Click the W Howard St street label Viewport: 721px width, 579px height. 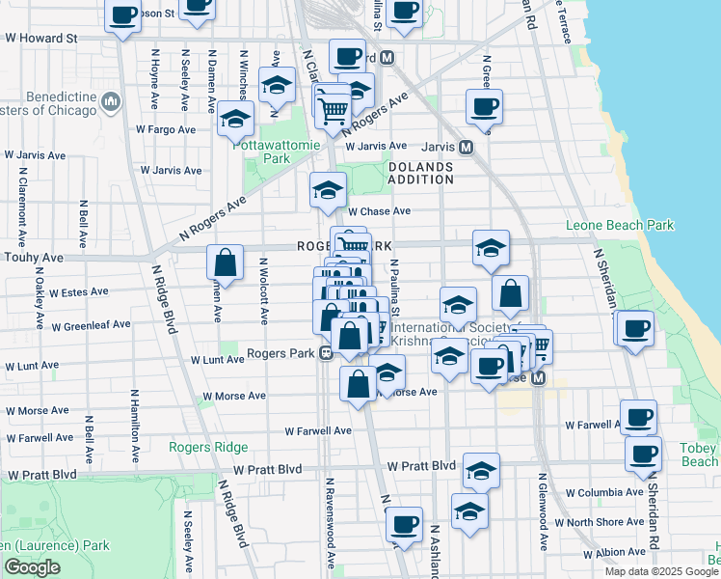click(40, 39)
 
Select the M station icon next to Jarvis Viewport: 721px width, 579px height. click(465, 148)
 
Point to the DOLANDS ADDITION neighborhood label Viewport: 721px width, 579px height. click(420, 173)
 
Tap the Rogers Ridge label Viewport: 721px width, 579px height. click(208, 447)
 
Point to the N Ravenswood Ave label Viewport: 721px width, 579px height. click(330, 522)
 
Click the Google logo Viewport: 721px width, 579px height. click(32, 567)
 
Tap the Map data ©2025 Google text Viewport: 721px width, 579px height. click(660, 571)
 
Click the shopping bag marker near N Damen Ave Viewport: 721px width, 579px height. click(225, 262)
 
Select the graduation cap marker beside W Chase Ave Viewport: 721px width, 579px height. click(328, 190)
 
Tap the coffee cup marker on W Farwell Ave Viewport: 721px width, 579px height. click(638, 417)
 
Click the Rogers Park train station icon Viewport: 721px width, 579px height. click(327, 353)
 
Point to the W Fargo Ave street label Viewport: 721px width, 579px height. click(166, 128)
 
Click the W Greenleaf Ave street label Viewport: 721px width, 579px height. click(91, 325)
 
